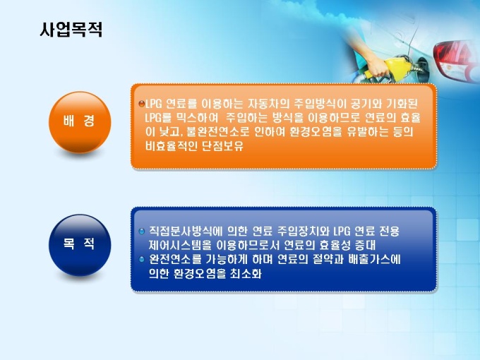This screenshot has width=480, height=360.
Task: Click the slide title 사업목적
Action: (x=71, y=30)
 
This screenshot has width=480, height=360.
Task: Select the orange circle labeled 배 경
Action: (x=80, y=122)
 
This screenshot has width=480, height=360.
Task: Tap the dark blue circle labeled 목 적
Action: (x=80, y=245)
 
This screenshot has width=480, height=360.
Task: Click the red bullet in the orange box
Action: (x=141, y=104)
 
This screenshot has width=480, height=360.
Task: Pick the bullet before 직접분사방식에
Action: (x=141, y=231)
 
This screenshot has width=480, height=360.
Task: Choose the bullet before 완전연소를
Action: (x=141, y=259)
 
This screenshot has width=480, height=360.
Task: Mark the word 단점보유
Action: (x=223, y=146)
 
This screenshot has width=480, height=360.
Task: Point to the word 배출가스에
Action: (x=374, y=260)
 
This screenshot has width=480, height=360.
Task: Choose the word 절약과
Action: (x=328, y=260)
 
